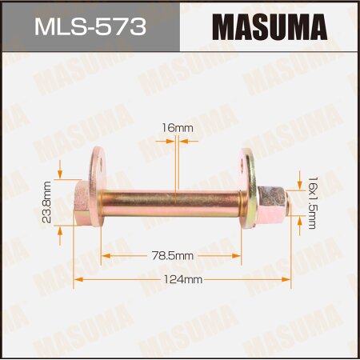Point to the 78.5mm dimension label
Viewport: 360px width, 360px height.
click(x=171, y=255)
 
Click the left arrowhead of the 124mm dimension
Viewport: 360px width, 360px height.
click(x=78, y=280)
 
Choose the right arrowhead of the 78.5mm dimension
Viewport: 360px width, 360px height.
click(x=238, y=255)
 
